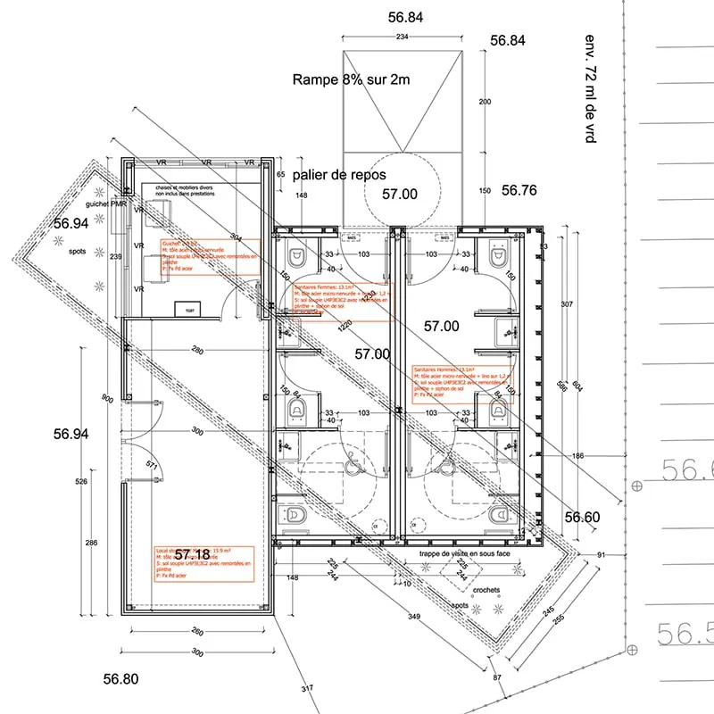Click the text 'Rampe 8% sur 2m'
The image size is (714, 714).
coord(351,79)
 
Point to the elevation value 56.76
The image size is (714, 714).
coord(519,190)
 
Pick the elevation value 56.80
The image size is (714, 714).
coord(120,679)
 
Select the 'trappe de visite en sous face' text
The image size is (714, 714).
coord(464,554)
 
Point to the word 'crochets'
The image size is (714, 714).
coord(486,590)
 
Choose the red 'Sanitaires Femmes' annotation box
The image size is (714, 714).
coord(342,300)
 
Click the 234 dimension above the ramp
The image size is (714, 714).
coord(403,37)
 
